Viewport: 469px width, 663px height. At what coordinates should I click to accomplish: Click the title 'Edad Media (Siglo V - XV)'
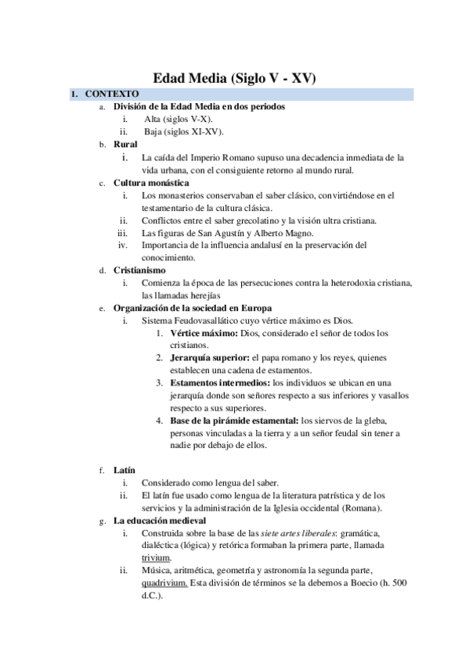coord(234,78)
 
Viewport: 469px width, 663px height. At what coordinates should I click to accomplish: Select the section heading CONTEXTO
coord(112,95)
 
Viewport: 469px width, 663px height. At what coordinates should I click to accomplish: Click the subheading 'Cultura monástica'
coord(151,183)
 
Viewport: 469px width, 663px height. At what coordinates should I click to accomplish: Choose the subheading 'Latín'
coord(124,470)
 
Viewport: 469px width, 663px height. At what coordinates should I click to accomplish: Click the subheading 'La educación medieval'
coord(160,520)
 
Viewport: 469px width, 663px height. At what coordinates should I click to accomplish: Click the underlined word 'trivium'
coord(156,557)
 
